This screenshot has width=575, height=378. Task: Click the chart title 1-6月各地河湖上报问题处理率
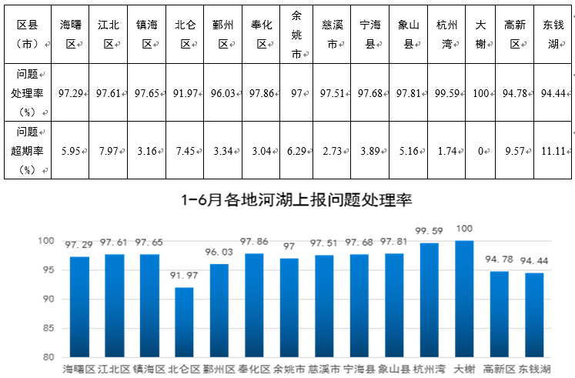click(297, 201)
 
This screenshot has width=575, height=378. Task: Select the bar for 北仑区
click(183, 322)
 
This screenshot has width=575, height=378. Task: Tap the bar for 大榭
click(464, 299)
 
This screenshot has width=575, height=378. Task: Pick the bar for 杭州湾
click(430, 300)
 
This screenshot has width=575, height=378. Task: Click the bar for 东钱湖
click(534, 315)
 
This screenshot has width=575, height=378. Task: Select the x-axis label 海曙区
click(80, 370)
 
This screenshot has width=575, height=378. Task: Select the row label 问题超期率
click(29, 151)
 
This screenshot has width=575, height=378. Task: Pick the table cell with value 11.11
click(551, 151)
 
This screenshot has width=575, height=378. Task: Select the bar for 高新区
click(499, 314)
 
